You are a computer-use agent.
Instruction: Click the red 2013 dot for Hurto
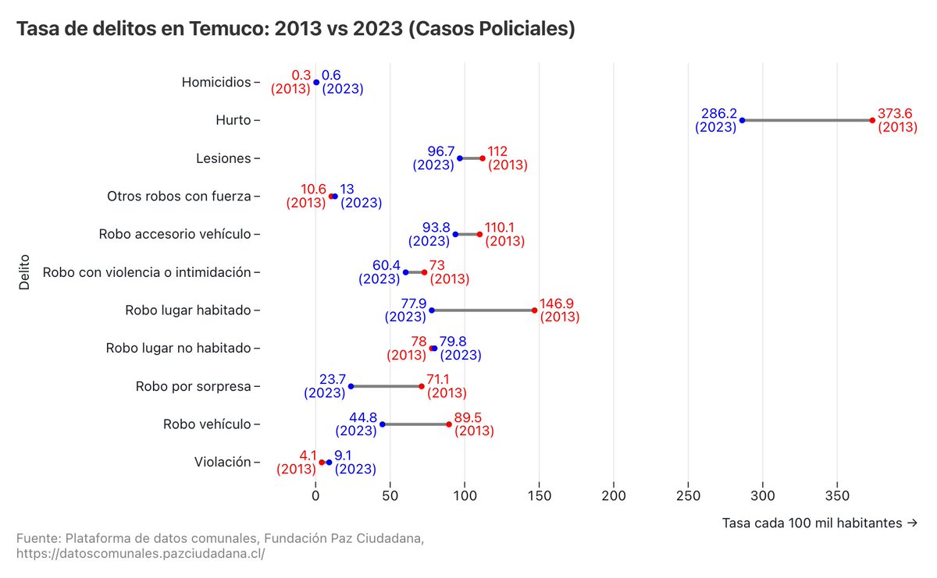[x=872, y=120]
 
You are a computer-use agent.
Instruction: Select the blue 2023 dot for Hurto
[x=742, y=120]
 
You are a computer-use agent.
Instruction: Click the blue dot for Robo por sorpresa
[x=351, y=386]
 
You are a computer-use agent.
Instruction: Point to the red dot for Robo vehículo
[x=449, y=424]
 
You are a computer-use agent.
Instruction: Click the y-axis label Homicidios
[x=216, y=82]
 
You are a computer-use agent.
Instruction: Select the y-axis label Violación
[x=223, y=463]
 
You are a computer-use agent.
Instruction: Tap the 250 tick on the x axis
[x=688, y=496]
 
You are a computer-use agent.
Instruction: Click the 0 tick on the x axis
[x=315, y=496]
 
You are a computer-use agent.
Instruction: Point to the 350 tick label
[x=837, y=496]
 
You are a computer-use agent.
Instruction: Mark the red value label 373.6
[x=895, y=113]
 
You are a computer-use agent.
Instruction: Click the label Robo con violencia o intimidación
[x=147, y=272]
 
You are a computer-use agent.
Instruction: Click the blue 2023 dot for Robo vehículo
[x=382, y=424]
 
